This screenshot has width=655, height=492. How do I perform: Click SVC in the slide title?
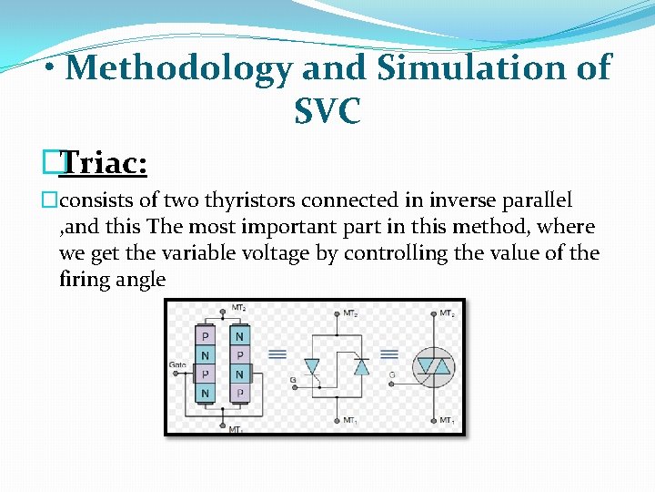click(x=327, y=112)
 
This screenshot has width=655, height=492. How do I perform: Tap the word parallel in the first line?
click(x=538, y=200)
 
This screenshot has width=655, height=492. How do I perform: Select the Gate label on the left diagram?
click(x=178, y=364)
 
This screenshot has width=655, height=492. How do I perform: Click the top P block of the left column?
click(x=207, y=336)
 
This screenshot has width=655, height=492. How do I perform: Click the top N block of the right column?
click(x=239, y=336)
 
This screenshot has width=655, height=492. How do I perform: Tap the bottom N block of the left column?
click(x=207, y=394)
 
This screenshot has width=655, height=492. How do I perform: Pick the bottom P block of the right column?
click(x=239, y=394)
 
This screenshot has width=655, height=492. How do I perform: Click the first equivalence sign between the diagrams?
click(x=277, y=354)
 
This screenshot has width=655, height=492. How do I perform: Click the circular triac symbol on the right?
click(x=434, y=367)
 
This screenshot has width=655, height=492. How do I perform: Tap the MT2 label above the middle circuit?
click(x=349, y=313)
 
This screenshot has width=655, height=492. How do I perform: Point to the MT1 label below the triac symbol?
click(x=447, y=420)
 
